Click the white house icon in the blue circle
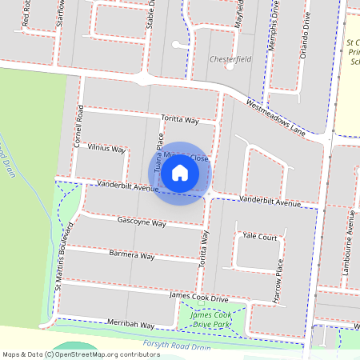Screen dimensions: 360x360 pyautogui.click(x=180, y=172)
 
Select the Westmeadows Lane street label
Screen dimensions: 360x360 pyautogui.click(x=275, y=117)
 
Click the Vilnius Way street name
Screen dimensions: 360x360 pyautogui.click(x=106, y=149)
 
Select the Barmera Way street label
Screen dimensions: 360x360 pyautogui.click(x=130, y=255)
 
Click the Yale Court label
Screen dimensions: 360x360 pyautogui.click(x=259, y=238)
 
